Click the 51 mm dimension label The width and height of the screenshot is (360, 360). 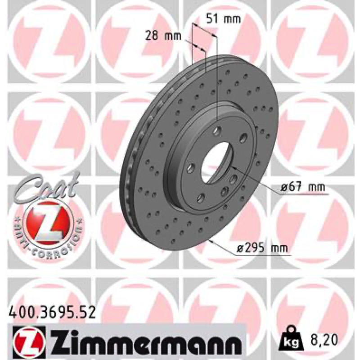[224, 19]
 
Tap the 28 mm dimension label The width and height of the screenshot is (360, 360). [163, 36]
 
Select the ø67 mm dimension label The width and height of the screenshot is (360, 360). [303, 187]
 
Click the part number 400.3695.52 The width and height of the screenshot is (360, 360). [51, 312]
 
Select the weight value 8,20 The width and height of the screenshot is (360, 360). [324, 340]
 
